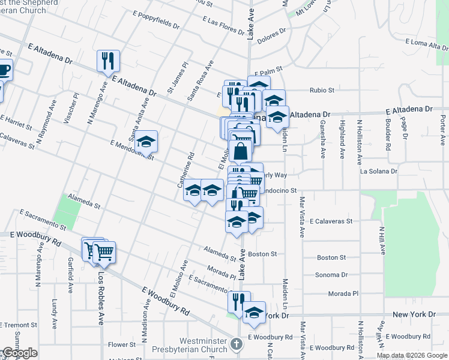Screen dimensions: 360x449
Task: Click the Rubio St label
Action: point(322,90)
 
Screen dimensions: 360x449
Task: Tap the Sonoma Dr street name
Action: point(331,275)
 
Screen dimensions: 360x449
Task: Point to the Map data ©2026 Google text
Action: point(412,355)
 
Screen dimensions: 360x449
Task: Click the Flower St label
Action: point(122,345)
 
